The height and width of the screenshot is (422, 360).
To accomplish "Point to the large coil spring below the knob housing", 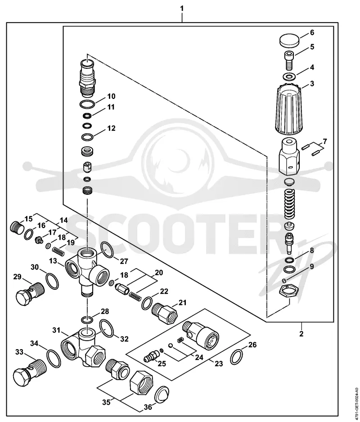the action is tap(290, 203).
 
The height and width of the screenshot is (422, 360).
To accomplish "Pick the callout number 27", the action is tap(124, 260).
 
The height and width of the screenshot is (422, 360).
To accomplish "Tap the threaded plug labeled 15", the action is tap(17, 228).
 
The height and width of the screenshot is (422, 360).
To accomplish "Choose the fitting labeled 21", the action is tap(165, 312).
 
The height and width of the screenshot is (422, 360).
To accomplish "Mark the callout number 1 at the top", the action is tap(182, 9).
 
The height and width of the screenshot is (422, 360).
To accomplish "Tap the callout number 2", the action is tap(301, 334).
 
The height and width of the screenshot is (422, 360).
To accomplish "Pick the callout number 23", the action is tap(219, 364).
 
